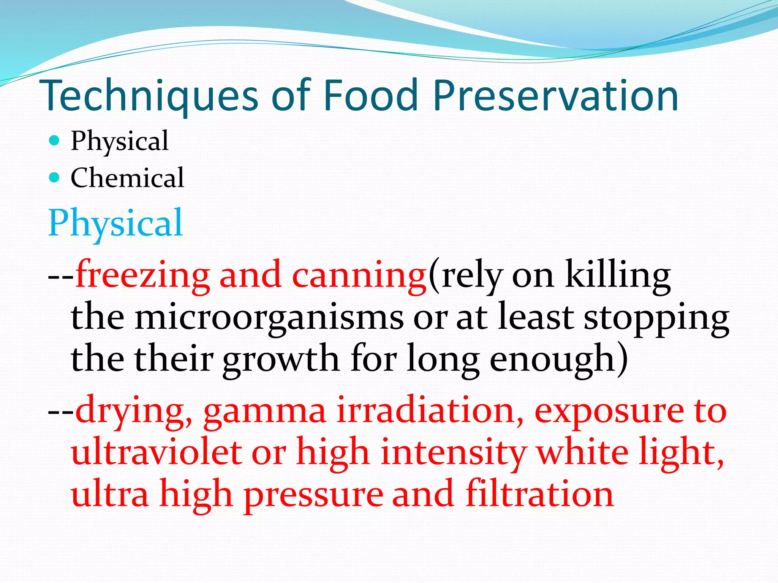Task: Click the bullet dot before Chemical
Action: [x=55, y=177]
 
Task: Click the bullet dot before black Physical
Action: [x=55, y=141]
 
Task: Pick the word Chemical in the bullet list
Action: [x=127, y=178]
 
